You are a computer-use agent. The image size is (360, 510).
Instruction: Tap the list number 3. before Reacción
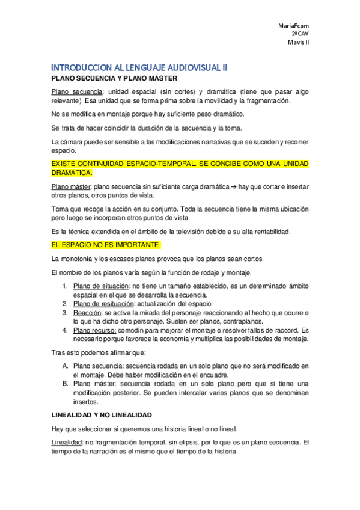(x=65, y=313)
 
